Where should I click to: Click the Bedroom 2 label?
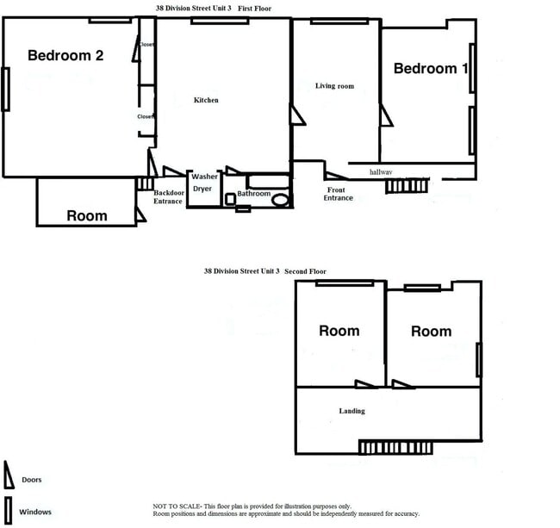point(65,56)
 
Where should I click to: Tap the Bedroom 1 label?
point(431,69)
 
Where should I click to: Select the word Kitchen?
point(206,101)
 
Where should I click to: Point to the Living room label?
point(334,86)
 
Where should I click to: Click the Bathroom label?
point(254,194)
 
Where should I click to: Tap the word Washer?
point(204,177)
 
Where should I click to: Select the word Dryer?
point(202,189)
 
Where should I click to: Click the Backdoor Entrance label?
point(168,196)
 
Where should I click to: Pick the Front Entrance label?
point(338,194)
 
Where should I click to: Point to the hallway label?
point(380,172)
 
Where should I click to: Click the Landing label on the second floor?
point(352,411)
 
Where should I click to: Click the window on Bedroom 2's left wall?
point(5,89)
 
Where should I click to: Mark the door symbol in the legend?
point(9,475)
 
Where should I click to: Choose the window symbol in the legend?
point(9,508)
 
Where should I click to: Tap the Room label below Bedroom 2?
point(86,216)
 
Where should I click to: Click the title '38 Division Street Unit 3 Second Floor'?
point(264,270)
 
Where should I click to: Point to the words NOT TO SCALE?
point(171,506)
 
